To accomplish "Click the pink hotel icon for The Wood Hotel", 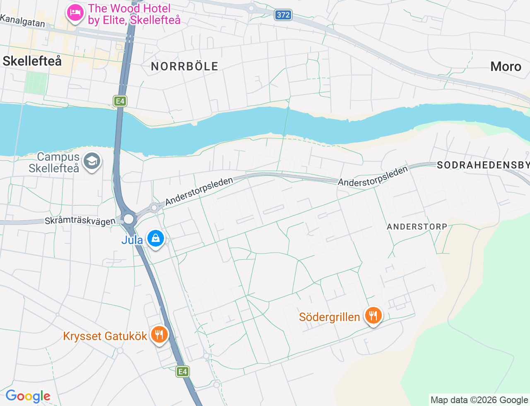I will click(x=75, y=13).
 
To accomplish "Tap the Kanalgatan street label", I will click(x=22, y=20).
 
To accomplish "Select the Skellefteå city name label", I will click(x=32, y=61).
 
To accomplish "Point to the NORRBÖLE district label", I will click(x=184, y=66).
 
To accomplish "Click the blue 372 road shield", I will click(x=283, y=15).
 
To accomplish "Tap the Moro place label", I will click(x=506, y=66).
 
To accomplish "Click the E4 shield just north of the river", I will click(x=120, y=101).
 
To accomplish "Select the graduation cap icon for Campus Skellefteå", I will click(x=92, y=161).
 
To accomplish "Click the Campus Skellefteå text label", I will click(x=54, y=162).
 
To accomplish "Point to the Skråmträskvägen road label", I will click(x=80, y=220).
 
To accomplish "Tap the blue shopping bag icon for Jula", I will click(x=156, y=239).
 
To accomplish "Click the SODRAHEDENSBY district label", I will click(x=483, y=165).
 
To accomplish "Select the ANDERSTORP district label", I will click(x=417, y=227).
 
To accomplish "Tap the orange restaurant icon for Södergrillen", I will click(x=373, y=316).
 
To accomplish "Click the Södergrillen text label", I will click(x=330, y=317).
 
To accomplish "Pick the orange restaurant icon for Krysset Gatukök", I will click(x=159, y=334).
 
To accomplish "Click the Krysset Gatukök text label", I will click(x=105, y=336).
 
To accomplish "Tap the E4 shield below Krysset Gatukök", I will click(x=183, y=372).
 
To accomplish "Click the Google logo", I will click(x=28, y=396).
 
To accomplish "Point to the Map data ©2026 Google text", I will click(x=479, y=400).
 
